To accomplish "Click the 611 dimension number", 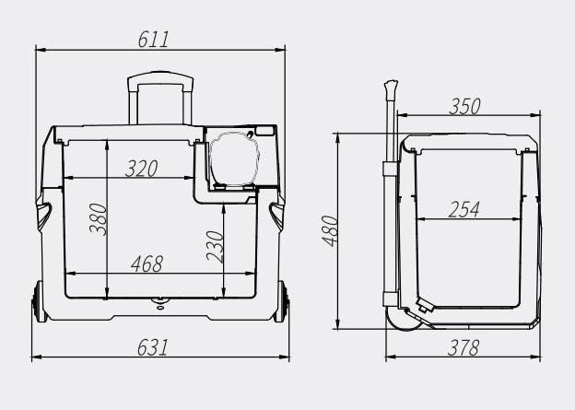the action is point(153,40).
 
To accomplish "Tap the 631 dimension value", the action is point(153,347).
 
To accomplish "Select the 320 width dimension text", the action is point(142,169).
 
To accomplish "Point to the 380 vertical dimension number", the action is point(98,219).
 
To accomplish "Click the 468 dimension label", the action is point(147,264).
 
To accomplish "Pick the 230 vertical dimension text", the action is point(215,247).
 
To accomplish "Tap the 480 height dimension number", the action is point(330,230).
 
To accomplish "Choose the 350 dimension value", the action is point(464,106).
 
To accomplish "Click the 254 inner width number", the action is point(464,209).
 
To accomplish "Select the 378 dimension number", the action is point(464,347).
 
